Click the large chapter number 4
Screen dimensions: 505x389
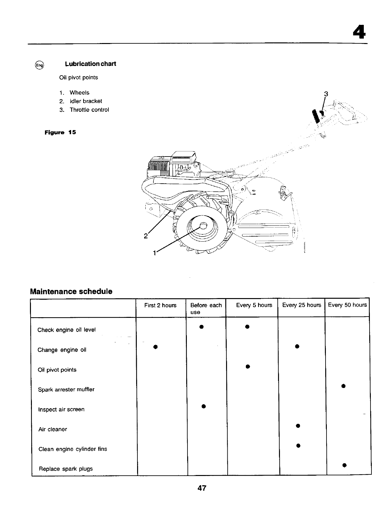[359, 32]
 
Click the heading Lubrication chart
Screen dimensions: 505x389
[90, 64]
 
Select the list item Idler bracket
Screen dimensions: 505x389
[85, 101]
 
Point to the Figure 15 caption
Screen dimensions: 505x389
[60, 132]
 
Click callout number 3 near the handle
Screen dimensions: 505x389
[326, 94]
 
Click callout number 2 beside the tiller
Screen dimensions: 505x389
[145, 236]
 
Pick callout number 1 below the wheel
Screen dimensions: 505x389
[154, 253]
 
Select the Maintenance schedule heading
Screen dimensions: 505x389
[71, 291]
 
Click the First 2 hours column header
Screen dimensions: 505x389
[160, 305]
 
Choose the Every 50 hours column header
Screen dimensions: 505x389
[347, 305]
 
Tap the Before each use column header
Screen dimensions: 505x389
[206, 308]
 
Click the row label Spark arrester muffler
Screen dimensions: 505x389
[66, 390]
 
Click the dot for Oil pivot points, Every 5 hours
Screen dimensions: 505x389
[247, 366]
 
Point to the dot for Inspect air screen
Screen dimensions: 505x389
[203, 406]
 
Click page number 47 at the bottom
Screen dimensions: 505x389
[202, 488]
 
